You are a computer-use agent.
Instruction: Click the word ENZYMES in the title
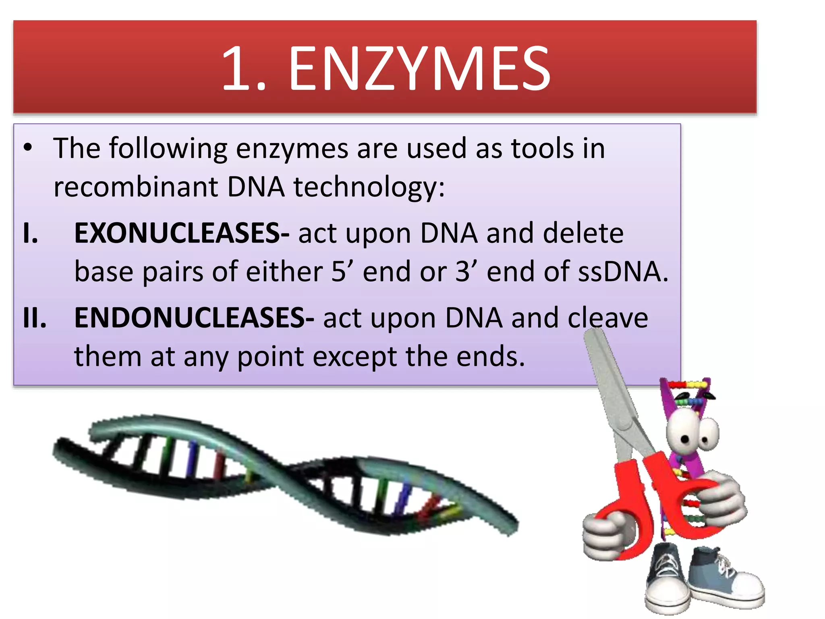coord(419,69)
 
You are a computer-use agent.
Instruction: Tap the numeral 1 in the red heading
coord(238,69)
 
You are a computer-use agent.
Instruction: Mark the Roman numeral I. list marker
coord(31,233)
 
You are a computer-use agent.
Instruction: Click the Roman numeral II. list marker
coord(35,318)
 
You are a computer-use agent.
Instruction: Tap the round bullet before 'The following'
coord(27,148)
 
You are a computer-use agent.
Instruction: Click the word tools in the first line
coord(542,148)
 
